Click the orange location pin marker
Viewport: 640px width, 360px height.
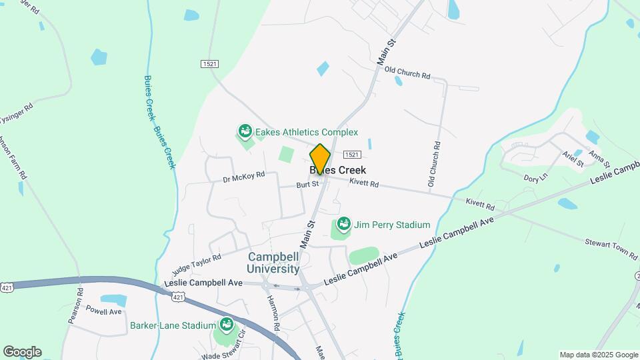[320, 159]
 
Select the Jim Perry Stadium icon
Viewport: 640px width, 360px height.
[344, 225]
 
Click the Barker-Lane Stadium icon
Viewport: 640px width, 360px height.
[226, 325]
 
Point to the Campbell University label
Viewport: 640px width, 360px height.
[273, 263]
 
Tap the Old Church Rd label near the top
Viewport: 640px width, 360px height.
[407, 72]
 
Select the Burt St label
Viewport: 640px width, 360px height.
[308, 185]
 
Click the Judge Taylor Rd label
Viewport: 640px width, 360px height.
[196, 265]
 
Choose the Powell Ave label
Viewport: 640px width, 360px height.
[104, 311]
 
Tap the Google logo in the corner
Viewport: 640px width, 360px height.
[22, 352]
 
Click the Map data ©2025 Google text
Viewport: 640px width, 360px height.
[599, 355]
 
